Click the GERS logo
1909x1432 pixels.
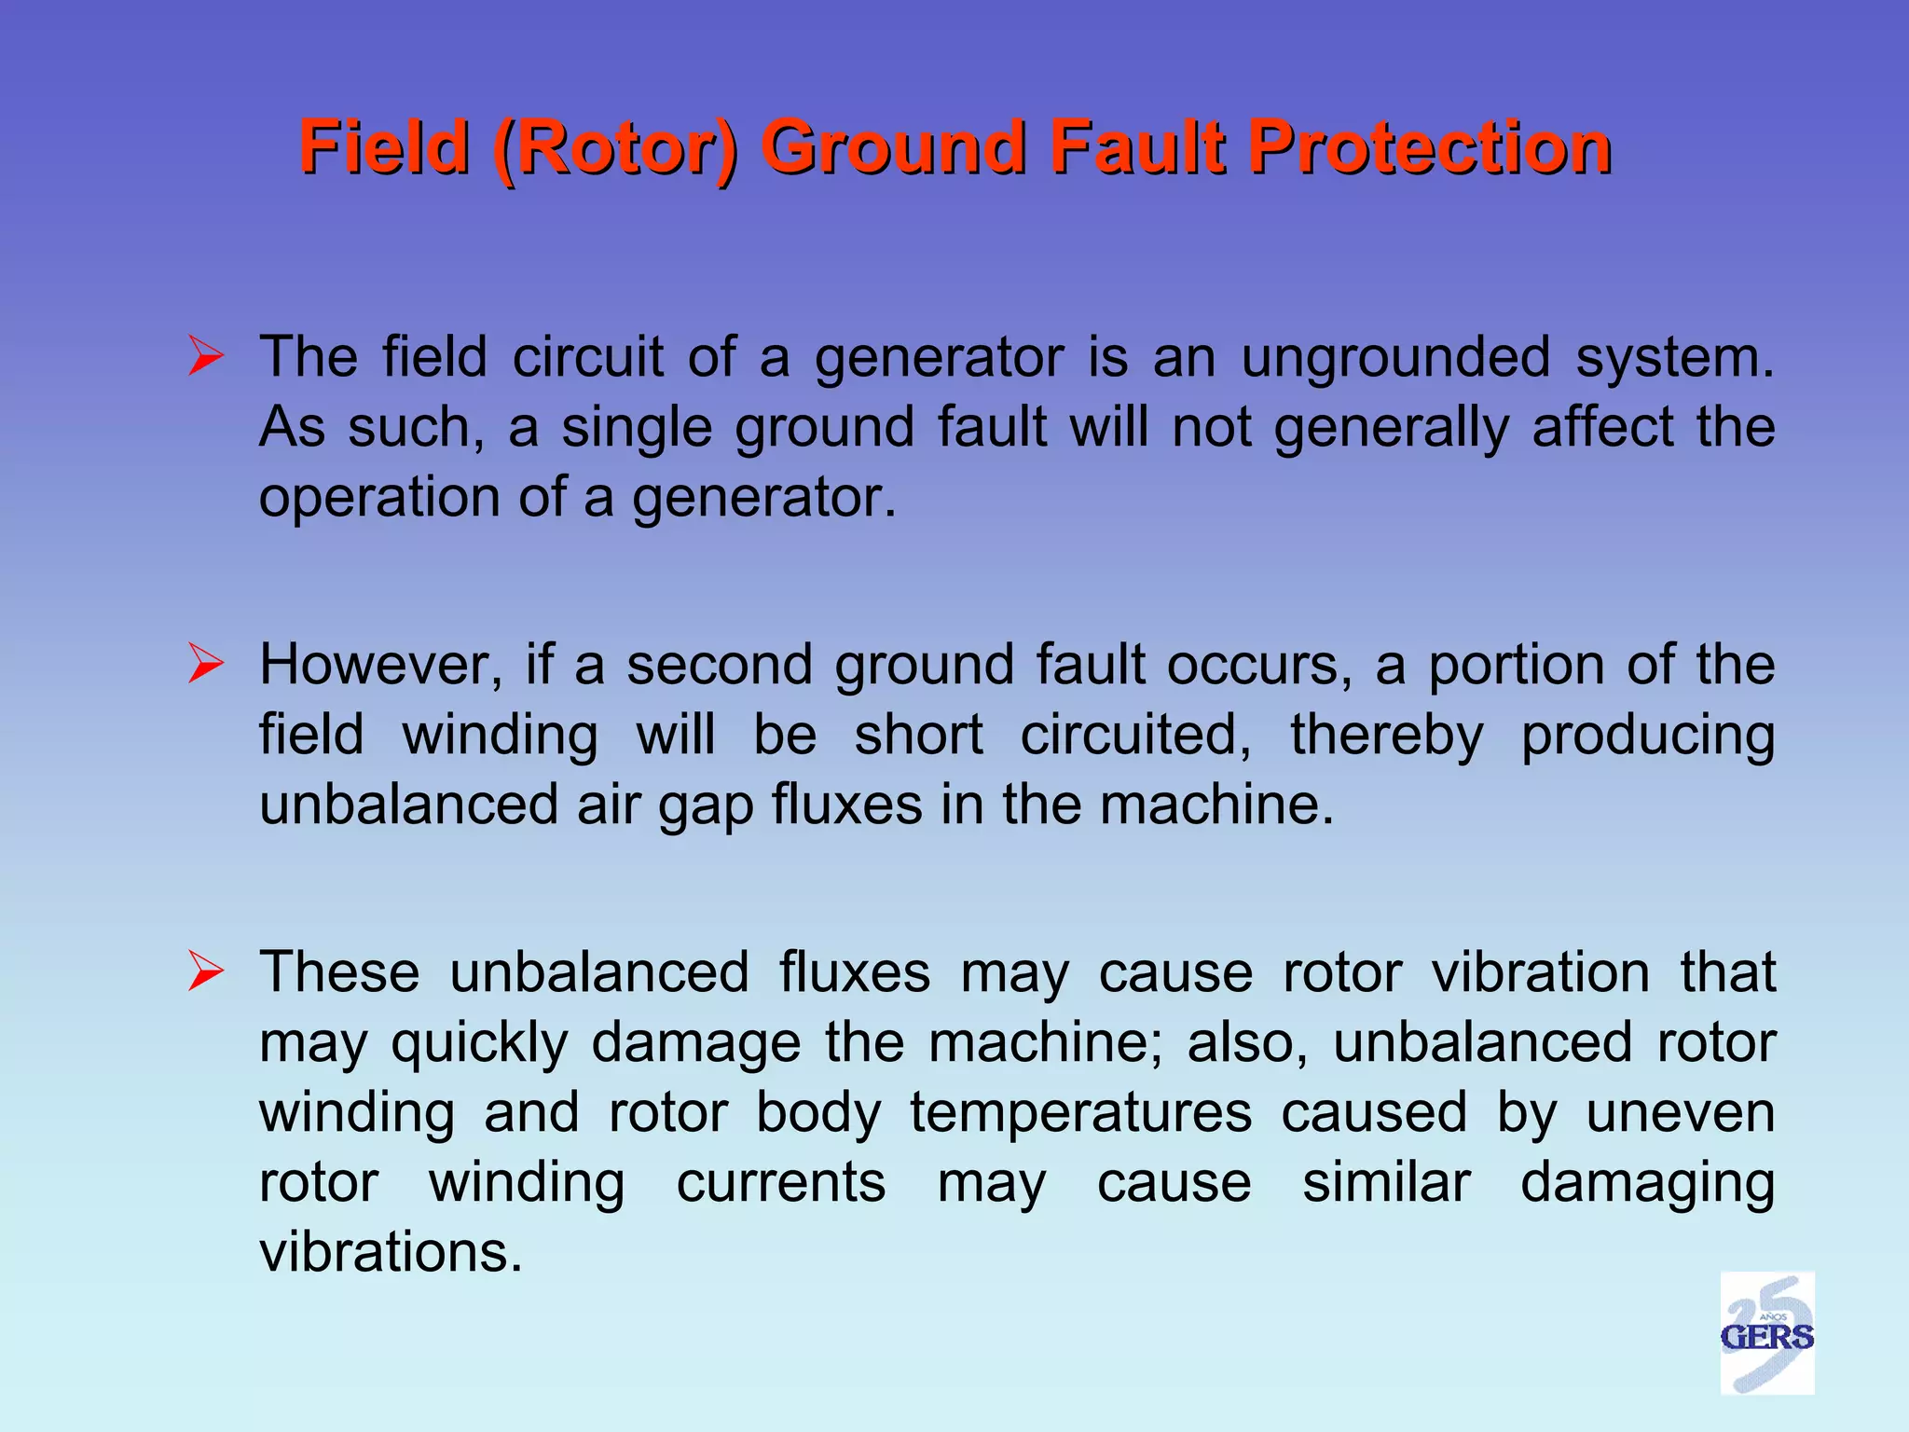[1766, 1333]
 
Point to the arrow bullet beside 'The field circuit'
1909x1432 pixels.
[205, 357]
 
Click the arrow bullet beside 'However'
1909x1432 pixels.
[205, 664]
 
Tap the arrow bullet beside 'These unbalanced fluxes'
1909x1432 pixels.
[205, 971]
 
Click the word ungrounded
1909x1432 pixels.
[1395, 357]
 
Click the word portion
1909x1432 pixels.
[1517, 666]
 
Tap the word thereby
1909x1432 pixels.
[1386, 735]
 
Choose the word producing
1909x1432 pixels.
[1647, 737]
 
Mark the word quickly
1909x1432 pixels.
[479, 1043]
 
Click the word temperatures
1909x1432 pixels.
[1080, 1112]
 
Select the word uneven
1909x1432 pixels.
[1681, 1112]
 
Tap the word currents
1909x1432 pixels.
[781, 1182]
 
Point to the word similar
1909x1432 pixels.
[1386, 1182]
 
